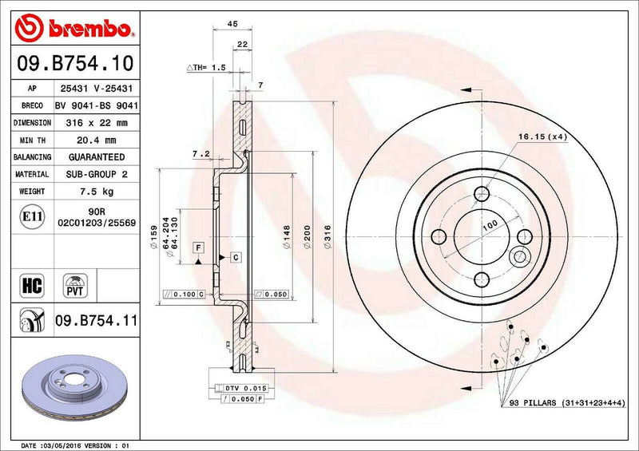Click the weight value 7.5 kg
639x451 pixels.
[96, 192]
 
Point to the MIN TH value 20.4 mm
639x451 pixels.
[96, 140]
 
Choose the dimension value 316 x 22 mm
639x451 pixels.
[96, 122]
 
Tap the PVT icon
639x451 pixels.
[76, 285]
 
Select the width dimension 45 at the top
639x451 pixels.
[232, 25]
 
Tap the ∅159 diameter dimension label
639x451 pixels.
[153, 235]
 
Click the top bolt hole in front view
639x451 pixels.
[481, 194]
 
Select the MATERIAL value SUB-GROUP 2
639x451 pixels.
[96, 174]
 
